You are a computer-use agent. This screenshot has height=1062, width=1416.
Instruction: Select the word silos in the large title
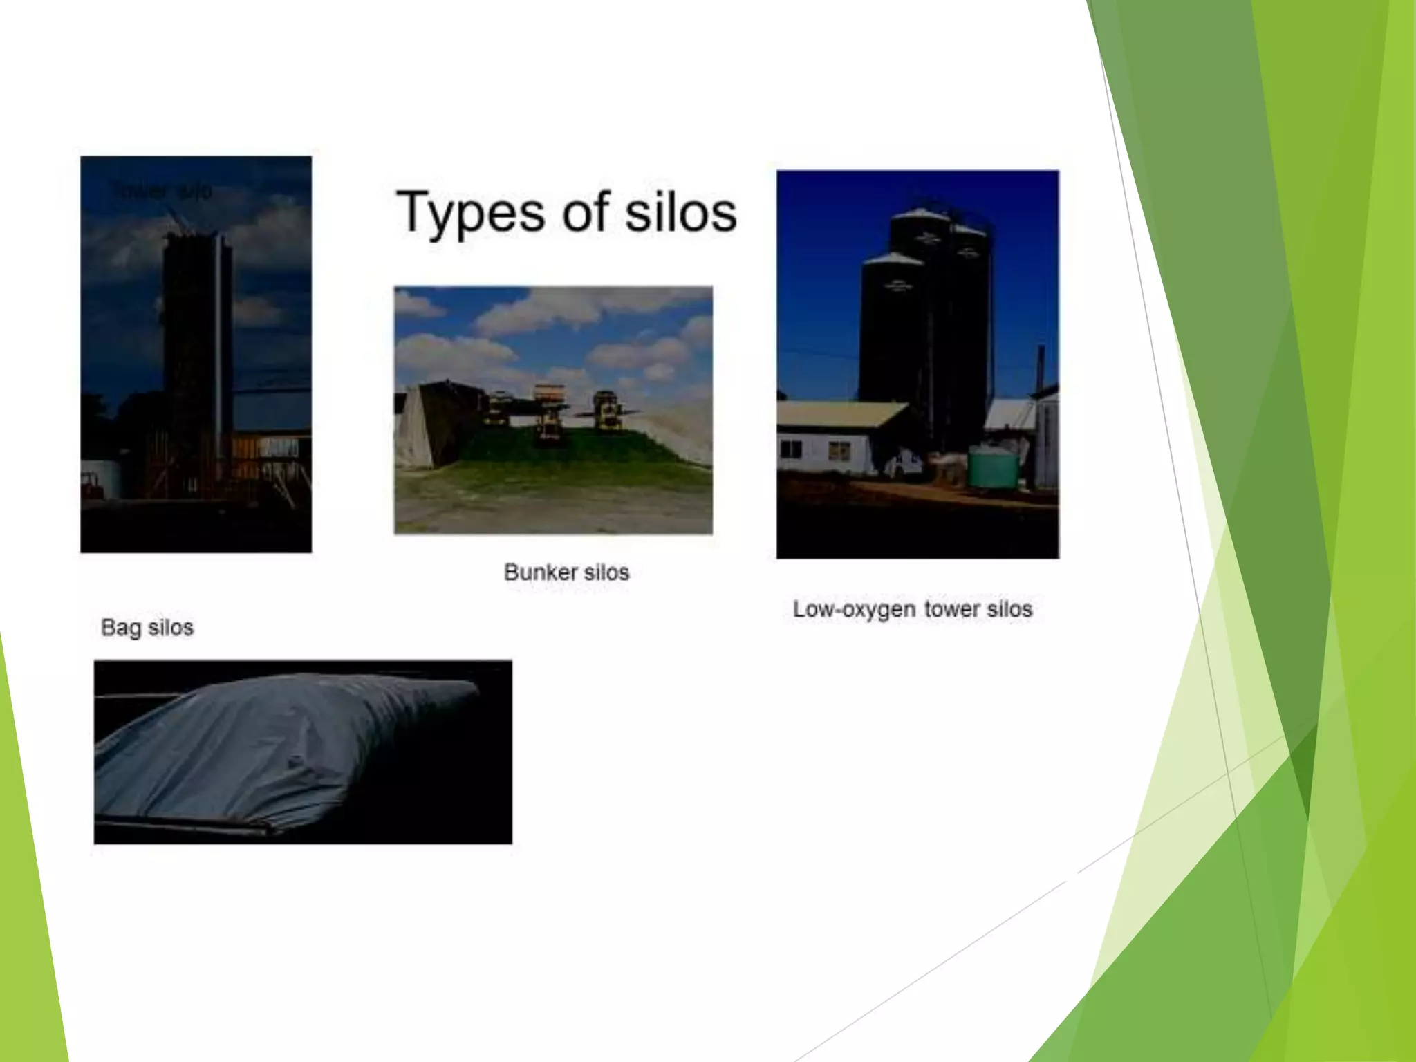681,213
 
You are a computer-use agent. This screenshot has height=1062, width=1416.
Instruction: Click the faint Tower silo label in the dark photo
161,191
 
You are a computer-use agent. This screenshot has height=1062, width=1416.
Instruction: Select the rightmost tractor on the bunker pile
607,411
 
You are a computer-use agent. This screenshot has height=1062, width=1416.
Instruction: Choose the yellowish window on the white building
839,451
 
